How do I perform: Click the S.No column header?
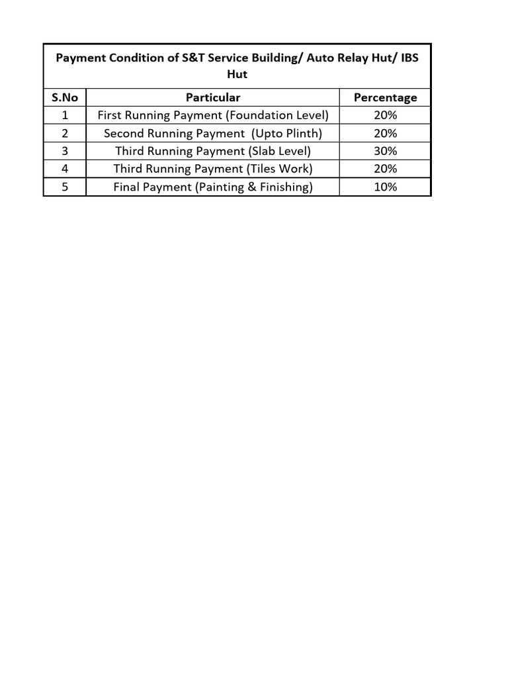tap(65, 97)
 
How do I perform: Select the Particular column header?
tap(213, 97)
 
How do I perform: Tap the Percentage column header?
tap(385, 97)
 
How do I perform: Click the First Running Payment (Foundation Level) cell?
tap(213, 115)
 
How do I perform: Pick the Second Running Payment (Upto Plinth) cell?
tap(213, 133)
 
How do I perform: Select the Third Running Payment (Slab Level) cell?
tap(213, 151)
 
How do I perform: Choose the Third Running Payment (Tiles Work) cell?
tap(213, 169)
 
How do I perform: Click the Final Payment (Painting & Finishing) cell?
tap(213, 187)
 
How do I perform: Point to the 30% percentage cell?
tap(385, 151)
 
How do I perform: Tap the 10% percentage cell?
tap(385, 187)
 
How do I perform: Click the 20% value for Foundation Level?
tap(385, 115)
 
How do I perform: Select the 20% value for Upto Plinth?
tap(385, 133)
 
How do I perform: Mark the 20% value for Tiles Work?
tap(385, 169)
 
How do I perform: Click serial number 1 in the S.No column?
tap(65, 115)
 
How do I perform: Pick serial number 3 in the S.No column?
tap(65, 151)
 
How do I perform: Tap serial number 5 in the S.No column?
tap(65, 187)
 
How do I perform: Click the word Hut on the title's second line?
tap(237, 74)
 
